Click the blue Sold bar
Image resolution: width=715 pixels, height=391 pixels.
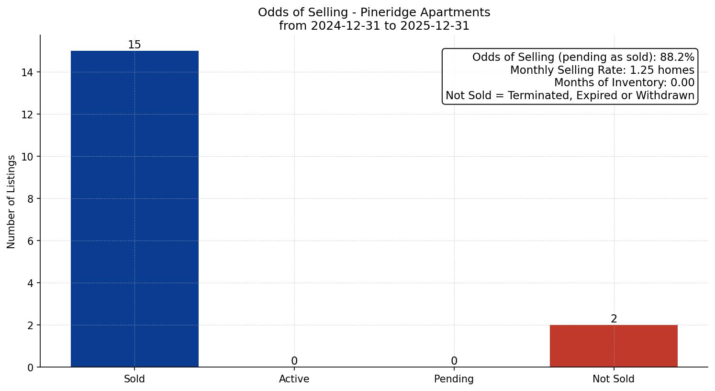134,209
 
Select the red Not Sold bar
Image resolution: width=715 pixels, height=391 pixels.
614,346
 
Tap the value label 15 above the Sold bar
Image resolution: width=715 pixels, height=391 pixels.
134,45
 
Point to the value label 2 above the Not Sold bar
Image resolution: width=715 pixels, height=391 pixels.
614,319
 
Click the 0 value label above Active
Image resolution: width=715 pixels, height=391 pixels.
294,361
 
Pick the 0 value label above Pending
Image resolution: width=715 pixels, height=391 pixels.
454,361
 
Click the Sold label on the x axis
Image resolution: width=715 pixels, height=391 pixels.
134,379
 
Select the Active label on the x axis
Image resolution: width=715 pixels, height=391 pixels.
294,379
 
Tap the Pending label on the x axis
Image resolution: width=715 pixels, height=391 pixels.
454,379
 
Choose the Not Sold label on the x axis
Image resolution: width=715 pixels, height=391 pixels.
614,379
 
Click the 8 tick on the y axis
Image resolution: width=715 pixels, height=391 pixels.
30,199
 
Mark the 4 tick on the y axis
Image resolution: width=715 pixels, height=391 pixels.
30,283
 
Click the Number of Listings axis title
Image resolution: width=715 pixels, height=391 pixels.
11,201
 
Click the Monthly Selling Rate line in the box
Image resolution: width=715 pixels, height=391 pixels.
602,70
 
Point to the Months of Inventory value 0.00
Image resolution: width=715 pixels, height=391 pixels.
682,83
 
